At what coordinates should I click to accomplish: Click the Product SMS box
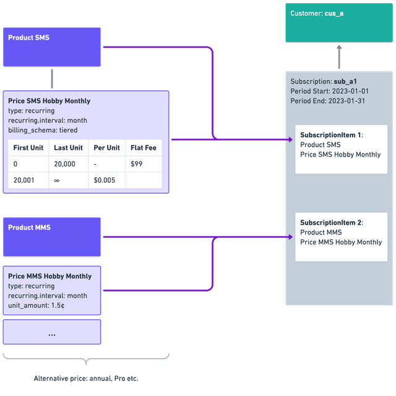(52, 47)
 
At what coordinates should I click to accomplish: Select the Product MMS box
(52, 237)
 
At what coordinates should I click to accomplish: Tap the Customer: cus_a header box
(339, 23)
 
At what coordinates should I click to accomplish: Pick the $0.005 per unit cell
(103, 180)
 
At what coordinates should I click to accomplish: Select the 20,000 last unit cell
(64, 164)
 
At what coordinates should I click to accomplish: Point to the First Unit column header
(28, 148)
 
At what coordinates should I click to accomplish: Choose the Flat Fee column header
(143, 148)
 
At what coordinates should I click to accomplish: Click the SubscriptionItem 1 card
(341, 149)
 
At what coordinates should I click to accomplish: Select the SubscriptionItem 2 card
(341, 237)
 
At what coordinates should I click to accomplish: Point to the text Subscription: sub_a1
(324, 81)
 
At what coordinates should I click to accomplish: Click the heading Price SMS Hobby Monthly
(49, 101)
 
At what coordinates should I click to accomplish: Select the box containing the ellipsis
(52, 333)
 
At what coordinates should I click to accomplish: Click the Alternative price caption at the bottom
(90, 378)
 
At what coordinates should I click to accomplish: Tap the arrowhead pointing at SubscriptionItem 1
(290, 140)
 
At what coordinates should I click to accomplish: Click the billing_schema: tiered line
(43, 131)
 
